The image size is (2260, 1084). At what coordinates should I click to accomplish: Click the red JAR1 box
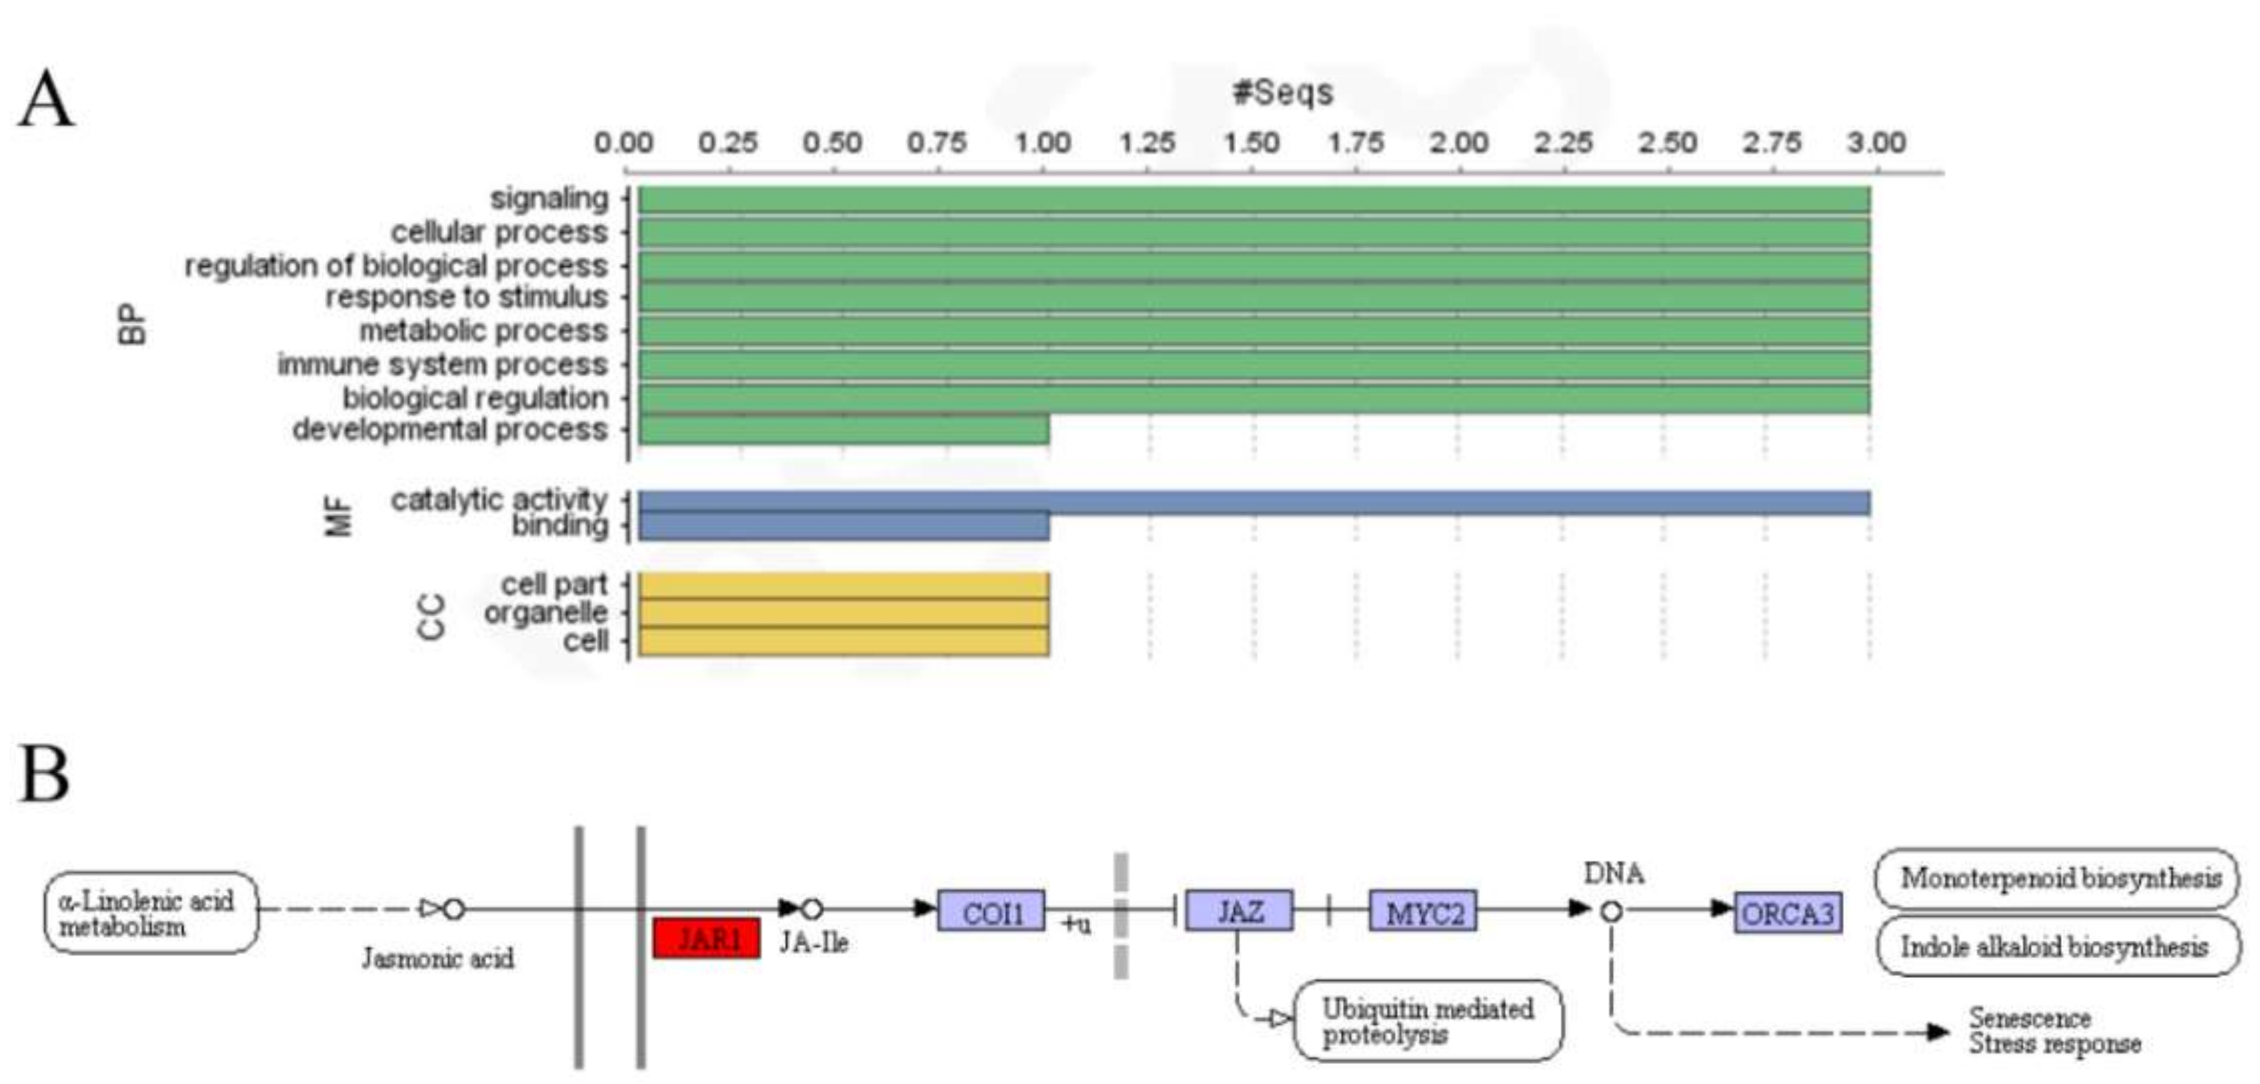pos(707,938)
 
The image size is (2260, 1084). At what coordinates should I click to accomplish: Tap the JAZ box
pos(1239,911)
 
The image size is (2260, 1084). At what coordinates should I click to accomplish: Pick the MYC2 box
pos(1423,912)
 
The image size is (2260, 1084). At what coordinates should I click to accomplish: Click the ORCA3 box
pos(1788,913)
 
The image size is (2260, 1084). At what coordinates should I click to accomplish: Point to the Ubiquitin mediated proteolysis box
pos(1428,1021)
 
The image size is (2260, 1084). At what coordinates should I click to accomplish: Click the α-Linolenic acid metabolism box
pos(151,912)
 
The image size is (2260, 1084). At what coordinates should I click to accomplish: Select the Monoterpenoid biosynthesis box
pos(2058,878)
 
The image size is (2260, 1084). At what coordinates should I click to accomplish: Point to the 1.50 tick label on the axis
pos(1252,142)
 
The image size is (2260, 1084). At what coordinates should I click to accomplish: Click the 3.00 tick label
pos(1876,142)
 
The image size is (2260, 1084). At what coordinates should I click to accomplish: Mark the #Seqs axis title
pos(1283,92)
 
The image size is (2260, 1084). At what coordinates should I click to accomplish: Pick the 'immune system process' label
pos(442,364)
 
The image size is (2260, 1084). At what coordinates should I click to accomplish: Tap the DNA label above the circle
pos(1613,873)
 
